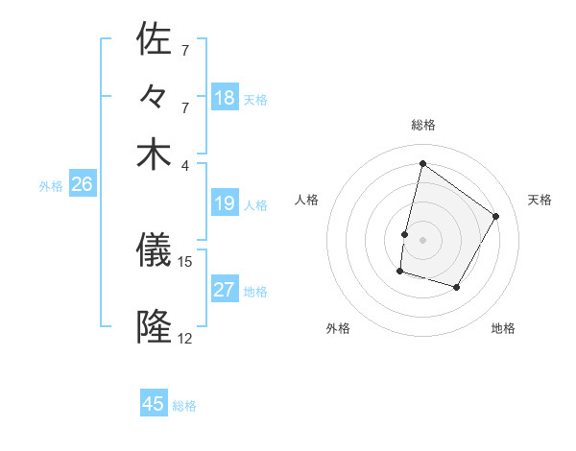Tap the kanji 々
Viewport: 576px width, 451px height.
(155, 97)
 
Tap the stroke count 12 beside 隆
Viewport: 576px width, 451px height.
(185, 338)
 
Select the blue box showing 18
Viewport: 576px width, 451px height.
(224, 98)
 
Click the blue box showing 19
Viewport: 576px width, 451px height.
(224, 203)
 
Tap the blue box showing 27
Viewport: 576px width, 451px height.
(224, 291)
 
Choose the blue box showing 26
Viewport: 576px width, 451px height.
(82, 185)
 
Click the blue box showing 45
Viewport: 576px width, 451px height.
(154, 404)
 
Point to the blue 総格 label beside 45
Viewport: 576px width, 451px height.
(184, 406)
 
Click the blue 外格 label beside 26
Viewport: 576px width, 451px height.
(51, 186)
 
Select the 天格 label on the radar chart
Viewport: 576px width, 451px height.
(540, 200)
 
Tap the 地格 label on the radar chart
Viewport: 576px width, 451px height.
(503, 329)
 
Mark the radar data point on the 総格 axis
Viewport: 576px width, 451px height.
(422, 163)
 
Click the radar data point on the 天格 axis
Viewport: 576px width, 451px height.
(495, 216)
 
